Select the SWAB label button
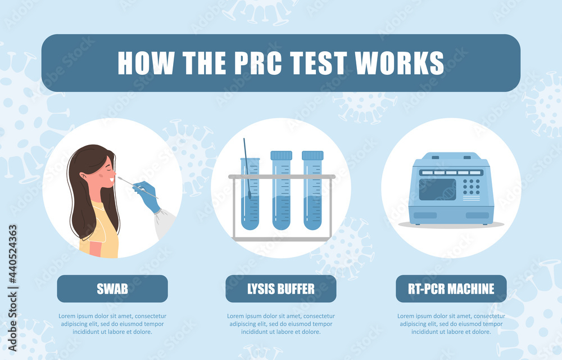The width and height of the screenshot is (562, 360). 112,289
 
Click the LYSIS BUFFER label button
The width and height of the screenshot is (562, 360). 281,289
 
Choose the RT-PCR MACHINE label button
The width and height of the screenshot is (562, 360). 452,289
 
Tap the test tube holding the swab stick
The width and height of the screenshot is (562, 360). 250,202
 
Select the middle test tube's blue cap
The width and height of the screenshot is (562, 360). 281,155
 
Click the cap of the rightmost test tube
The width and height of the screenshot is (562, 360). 312,155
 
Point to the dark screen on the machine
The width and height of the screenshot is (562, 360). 437,190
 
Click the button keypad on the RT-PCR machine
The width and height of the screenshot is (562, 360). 471,186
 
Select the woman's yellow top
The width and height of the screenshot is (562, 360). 101,236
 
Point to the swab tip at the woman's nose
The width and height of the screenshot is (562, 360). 120,178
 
